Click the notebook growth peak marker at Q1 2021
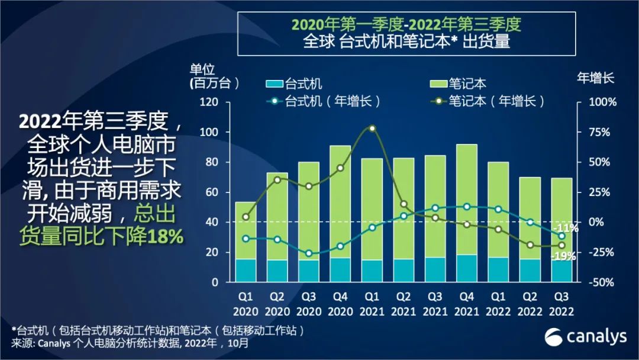(x=372, y=128)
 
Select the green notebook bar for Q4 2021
(x=467, y=200)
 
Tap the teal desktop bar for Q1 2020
(x=246, y=271)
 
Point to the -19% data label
(x=564, y=256)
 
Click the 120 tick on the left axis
(x=209, y=102)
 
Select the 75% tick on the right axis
(x=599, y=132)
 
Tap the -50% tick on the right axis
(x=601, y=282)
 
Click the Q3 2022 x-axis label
(x=561, y=304)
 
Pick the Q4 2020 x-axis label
(x=340, y=304)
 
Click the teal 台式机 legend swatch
(x=275, y=84)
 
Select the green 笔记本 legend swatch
(x=438, y=84)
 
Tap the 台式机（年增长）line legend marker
(x=275, y=101)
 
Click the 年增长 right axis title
(x=595, y=78)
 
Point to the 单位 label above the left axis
(x=202, y=69)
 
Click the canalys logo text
(x=596, y=337)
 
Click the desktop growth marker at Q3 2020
(x=309, y=253)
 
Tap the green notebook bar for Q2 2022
(x=530, y=218)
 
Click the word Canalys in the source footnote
(x=54, y=343)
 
